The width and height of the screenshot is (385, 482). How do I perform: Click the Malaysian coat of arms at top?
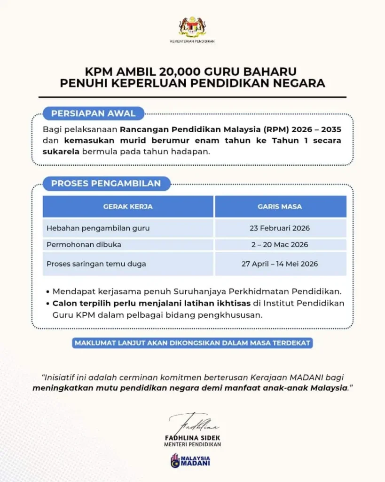tap(192, 27)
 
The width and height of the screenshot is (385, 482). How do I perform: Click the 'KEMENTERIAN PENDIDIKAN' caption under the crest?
tap(192, 41)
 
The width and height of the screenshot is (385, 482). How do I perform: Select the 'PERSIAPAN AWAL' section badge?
tap(93, 113)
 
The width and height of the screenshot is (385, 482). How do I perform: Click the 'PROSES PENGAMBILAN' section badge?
tap(106, 183)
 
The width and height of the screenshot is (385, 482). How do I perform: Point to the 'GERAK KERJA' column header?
tap(128, 207)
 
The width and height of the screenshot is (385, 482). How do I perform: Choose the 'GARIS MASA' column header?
tap(280, 207)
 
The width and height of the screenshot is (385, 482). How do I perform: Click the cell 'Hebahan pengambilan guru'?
tap(98, 228)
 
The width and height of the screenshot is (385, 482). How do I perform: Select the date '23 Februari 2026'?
tap(280, 228)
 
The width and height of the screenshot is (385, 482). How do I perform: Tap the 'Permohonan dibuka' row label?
tap(84, 245)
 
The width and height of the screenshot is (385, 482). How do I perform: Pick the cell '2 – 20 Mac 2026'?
tap(280, 245)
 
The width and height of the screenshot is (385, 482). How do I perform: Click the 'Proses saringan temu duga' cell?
tap(96, 264)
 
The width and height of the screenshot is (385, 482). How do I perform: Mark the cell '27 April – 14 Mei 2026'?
tap(280, 264)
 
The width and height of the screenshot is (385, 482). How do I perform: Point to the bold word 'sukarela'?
tap(62, 152)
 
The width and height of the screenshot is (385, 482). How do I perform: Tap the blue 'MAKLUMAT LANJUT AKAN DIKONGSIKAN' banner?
tap(193, 343)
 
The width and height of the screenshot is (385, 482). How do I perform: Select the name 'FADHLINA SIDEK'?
tap(192, 437)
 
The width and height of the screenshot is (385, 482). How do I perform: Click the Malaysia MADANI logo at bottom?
tap(190, 460)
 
